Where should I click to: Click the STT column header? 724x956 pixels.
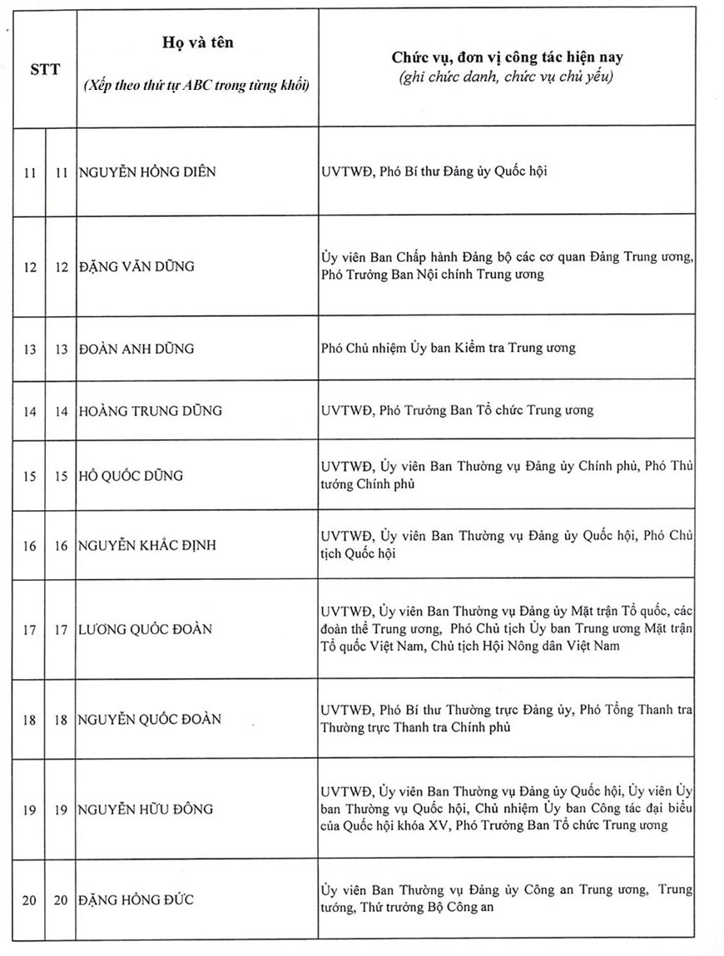tap(43, 69)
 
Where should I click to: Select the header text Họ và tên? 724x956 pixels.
tap(196, 43)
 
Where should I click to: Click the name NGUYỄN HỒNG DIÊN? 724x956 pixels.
tap(148, 172)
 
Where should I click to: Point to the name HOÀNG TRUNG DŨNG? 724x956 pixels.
tap(150, 411)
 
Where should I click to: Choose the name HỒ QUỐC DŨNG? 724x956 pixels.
tap(131, 476)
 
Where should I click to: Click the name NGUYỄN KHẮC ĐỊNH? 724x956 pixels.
tap(146, 546)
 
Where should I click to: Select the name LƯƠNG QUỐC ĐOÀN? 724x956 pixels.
tap(145, 629)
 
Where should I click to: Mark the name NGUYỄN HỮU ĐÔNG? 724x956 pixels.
tap(146, 809)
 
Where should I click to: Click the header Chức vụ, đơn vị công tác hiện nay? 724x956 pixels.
tap(508, 58)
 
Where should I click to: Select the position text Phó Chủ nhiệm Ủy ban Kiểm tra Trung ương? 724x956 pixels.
tap(448, 348)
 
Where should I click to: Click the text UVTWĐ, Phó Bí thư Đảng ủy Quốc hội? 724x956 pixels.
tap(434, 172)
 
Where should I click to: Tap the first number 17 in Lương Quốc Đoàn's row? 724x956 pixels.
tap(29, 629)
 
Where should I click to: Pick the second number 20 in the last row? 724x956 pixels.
tap(60, 899)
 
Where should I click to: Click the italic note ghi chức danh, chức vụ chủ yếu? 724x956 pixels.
tap(507, 77)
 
